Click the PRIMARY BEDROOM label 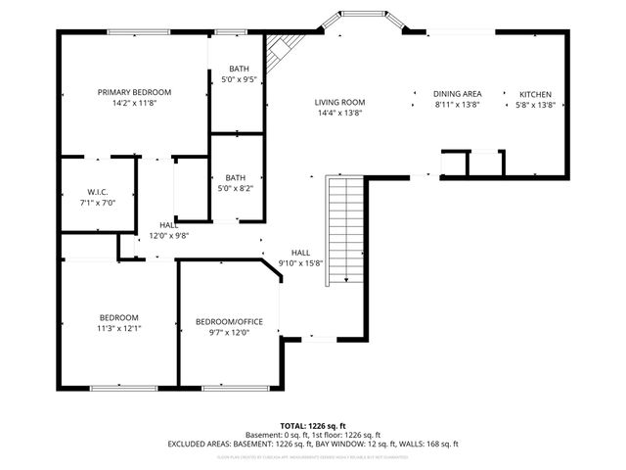coord(134,92)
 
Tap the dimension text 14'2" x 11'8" coord(134,102)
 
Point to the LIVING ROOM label coord(339,102)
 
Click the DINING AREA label coord(457,94)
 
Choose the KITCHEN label coord(535,94)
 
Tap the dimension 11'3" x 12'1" coord(118,328)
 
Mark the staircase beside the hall coord(345,229)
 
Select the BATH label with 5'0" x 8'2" coord(235,177)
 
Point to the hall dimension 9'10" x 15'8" coord(300,262)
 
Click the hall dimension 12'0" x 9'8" coord(168,236)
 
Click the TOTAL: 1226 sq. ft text coord(312,426)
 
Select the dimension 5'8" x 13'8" coord(535,105)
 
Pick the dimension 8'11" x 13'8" coord(457,105)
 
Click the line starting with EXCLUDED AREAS coord(312,444)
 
